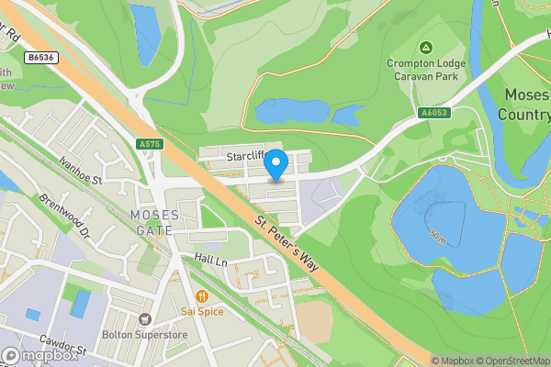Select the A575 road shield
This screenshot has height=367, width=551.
pyautogui.click(x=150, y=144)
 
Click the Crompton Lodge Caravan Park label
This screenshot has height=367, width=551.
pyautogui.click(x=426, y=70)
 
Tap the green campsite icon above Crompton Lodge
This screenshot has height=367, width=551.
pyautogui.click(x=425, y=48)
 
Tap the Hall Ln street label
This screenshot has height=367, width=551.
pyautogui.click(x=209, y=261)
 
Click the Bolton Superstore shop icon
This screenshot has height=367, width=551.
pyautogui.click(x=144, y=318)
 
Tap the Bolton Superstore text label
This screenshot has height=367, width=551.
pyautogui.click(x=144, y=336)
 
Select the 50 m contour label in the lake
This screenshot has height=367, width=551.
pyautogui.click(x=438, y=235)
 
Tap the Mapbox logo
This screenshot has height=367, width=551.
pyautogui.click(x=39, y=355)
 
